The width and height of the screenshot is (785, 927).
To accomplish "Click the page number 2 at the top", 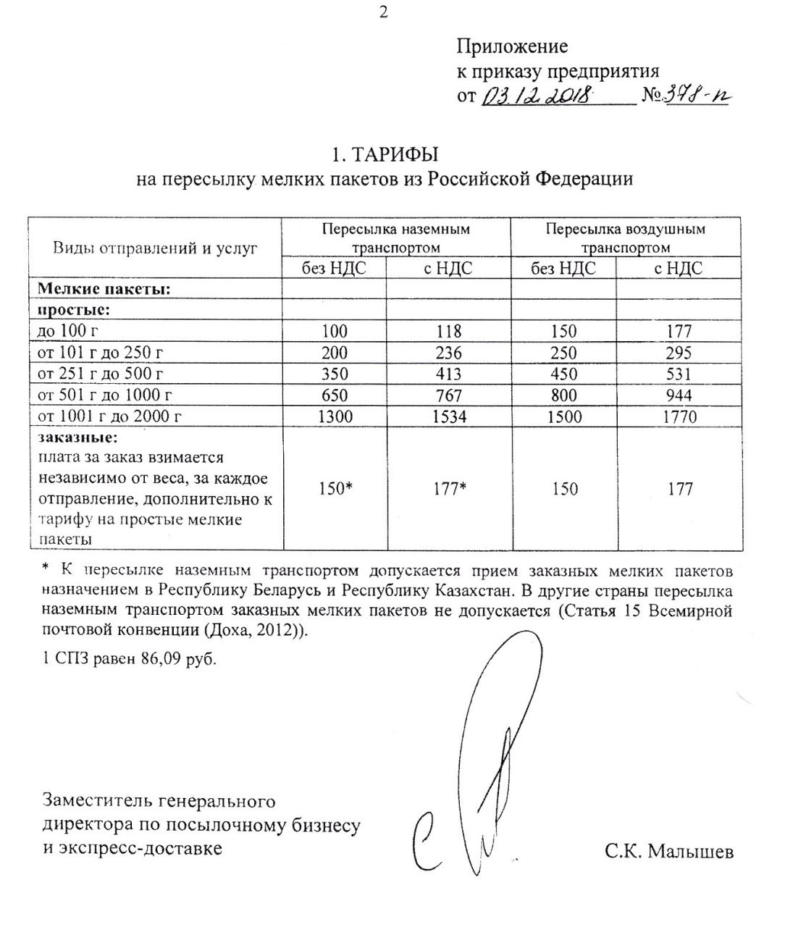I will (384, 12).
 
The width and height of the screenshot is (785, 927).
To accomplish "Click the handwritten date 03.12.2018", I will (537, 96).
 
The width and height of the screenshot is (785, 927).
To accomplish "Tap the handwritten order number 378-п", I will (696, 95).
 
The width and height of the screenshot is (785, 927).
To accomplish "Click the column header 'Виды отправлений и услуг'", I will (155, 248).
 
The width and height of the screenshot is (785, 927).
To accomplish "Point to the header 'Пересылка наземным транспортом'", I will (396, 238).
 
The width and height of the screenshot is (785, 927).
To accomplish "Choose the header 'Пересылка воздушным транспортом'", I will (626, 238).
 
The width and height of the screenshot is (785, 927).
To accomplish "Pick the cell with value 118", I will (449, 332).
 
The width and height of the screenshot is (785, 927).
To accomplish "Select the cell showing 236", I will (449, 353).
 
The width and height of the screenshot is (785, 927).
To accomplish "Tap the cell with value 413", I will (449, 374).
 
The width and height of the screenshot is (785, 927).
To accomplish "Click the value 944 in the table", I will (679, 395).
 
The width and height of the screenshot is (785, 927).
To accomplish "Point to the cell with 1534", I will (449, 416).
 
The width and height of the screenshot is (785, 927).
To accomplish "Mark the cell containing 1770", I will (679, 416).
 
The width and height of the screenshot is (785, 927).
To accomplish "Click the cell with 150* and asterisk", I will (335, 489).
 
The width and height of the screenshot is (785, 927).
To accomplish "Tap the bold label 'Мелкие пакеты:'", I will (104, 289).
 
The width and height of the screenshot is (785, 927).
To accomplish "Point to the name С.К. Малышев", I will (669, 852).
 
